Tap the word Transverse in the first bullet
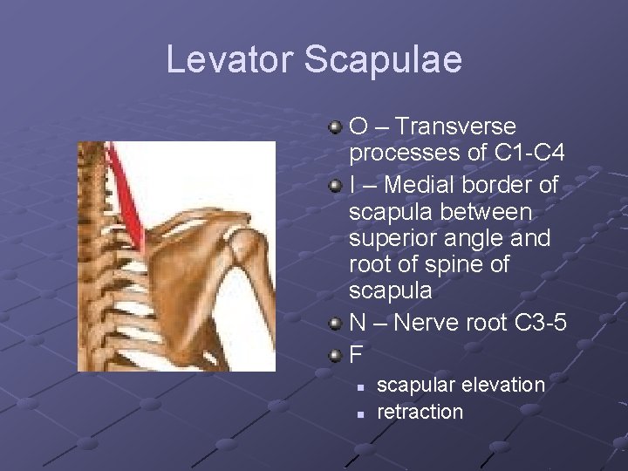pyautogui.click(x=454, y=127)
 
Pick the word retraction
pyautogui.click(x=420, y=411)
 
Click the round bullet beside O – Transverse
pyautogui.click(x=335, y=128)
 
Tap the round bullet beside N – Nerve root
pyautogui.click(x=335, y=323)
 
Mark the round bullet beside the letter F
pyautogui.click(x=335, y=354)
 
